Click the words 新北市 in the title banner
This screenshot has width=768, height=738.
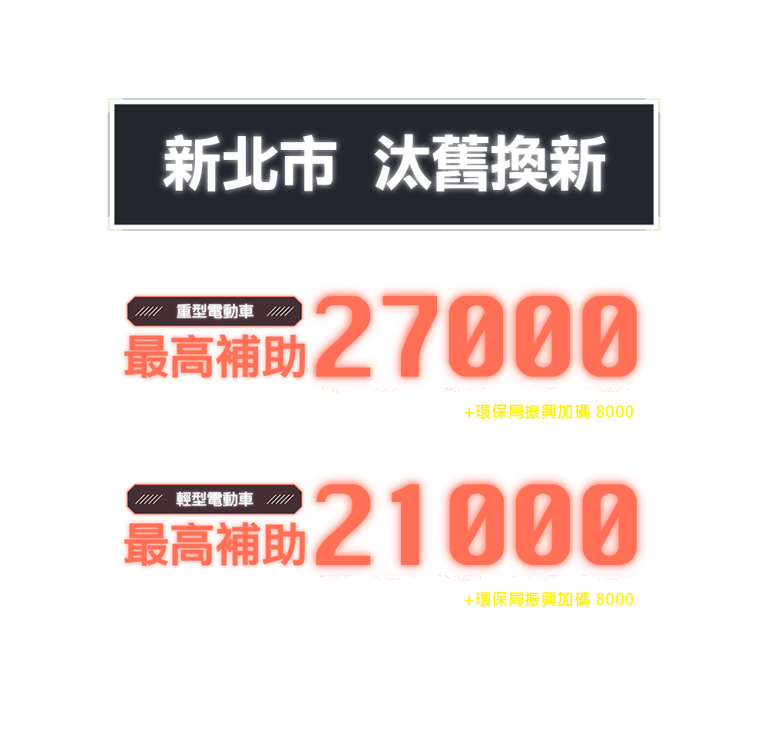250,165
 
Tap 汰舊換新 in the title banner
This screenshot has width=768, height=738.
490,165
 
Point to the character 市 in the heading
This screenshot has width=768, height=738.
307,165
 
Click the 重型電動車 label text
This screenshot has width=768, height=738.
215,312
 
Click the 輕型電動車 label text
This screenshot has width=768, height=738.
215,500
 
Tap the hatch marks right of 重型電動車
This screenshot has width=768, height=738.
282,312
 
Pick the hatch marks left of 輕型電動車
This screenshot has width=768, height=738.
148,500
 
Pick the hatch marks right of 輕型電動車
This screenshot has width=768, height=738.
282,500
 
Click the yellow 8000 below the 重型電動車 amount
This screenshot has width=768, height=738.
614,413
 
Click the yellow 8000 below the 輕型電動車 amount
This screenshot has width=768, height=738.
614,600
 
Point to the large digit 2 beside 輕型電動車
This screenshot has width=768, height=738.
346,523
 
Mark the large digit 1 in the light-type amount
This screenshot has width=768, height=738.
407,523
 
